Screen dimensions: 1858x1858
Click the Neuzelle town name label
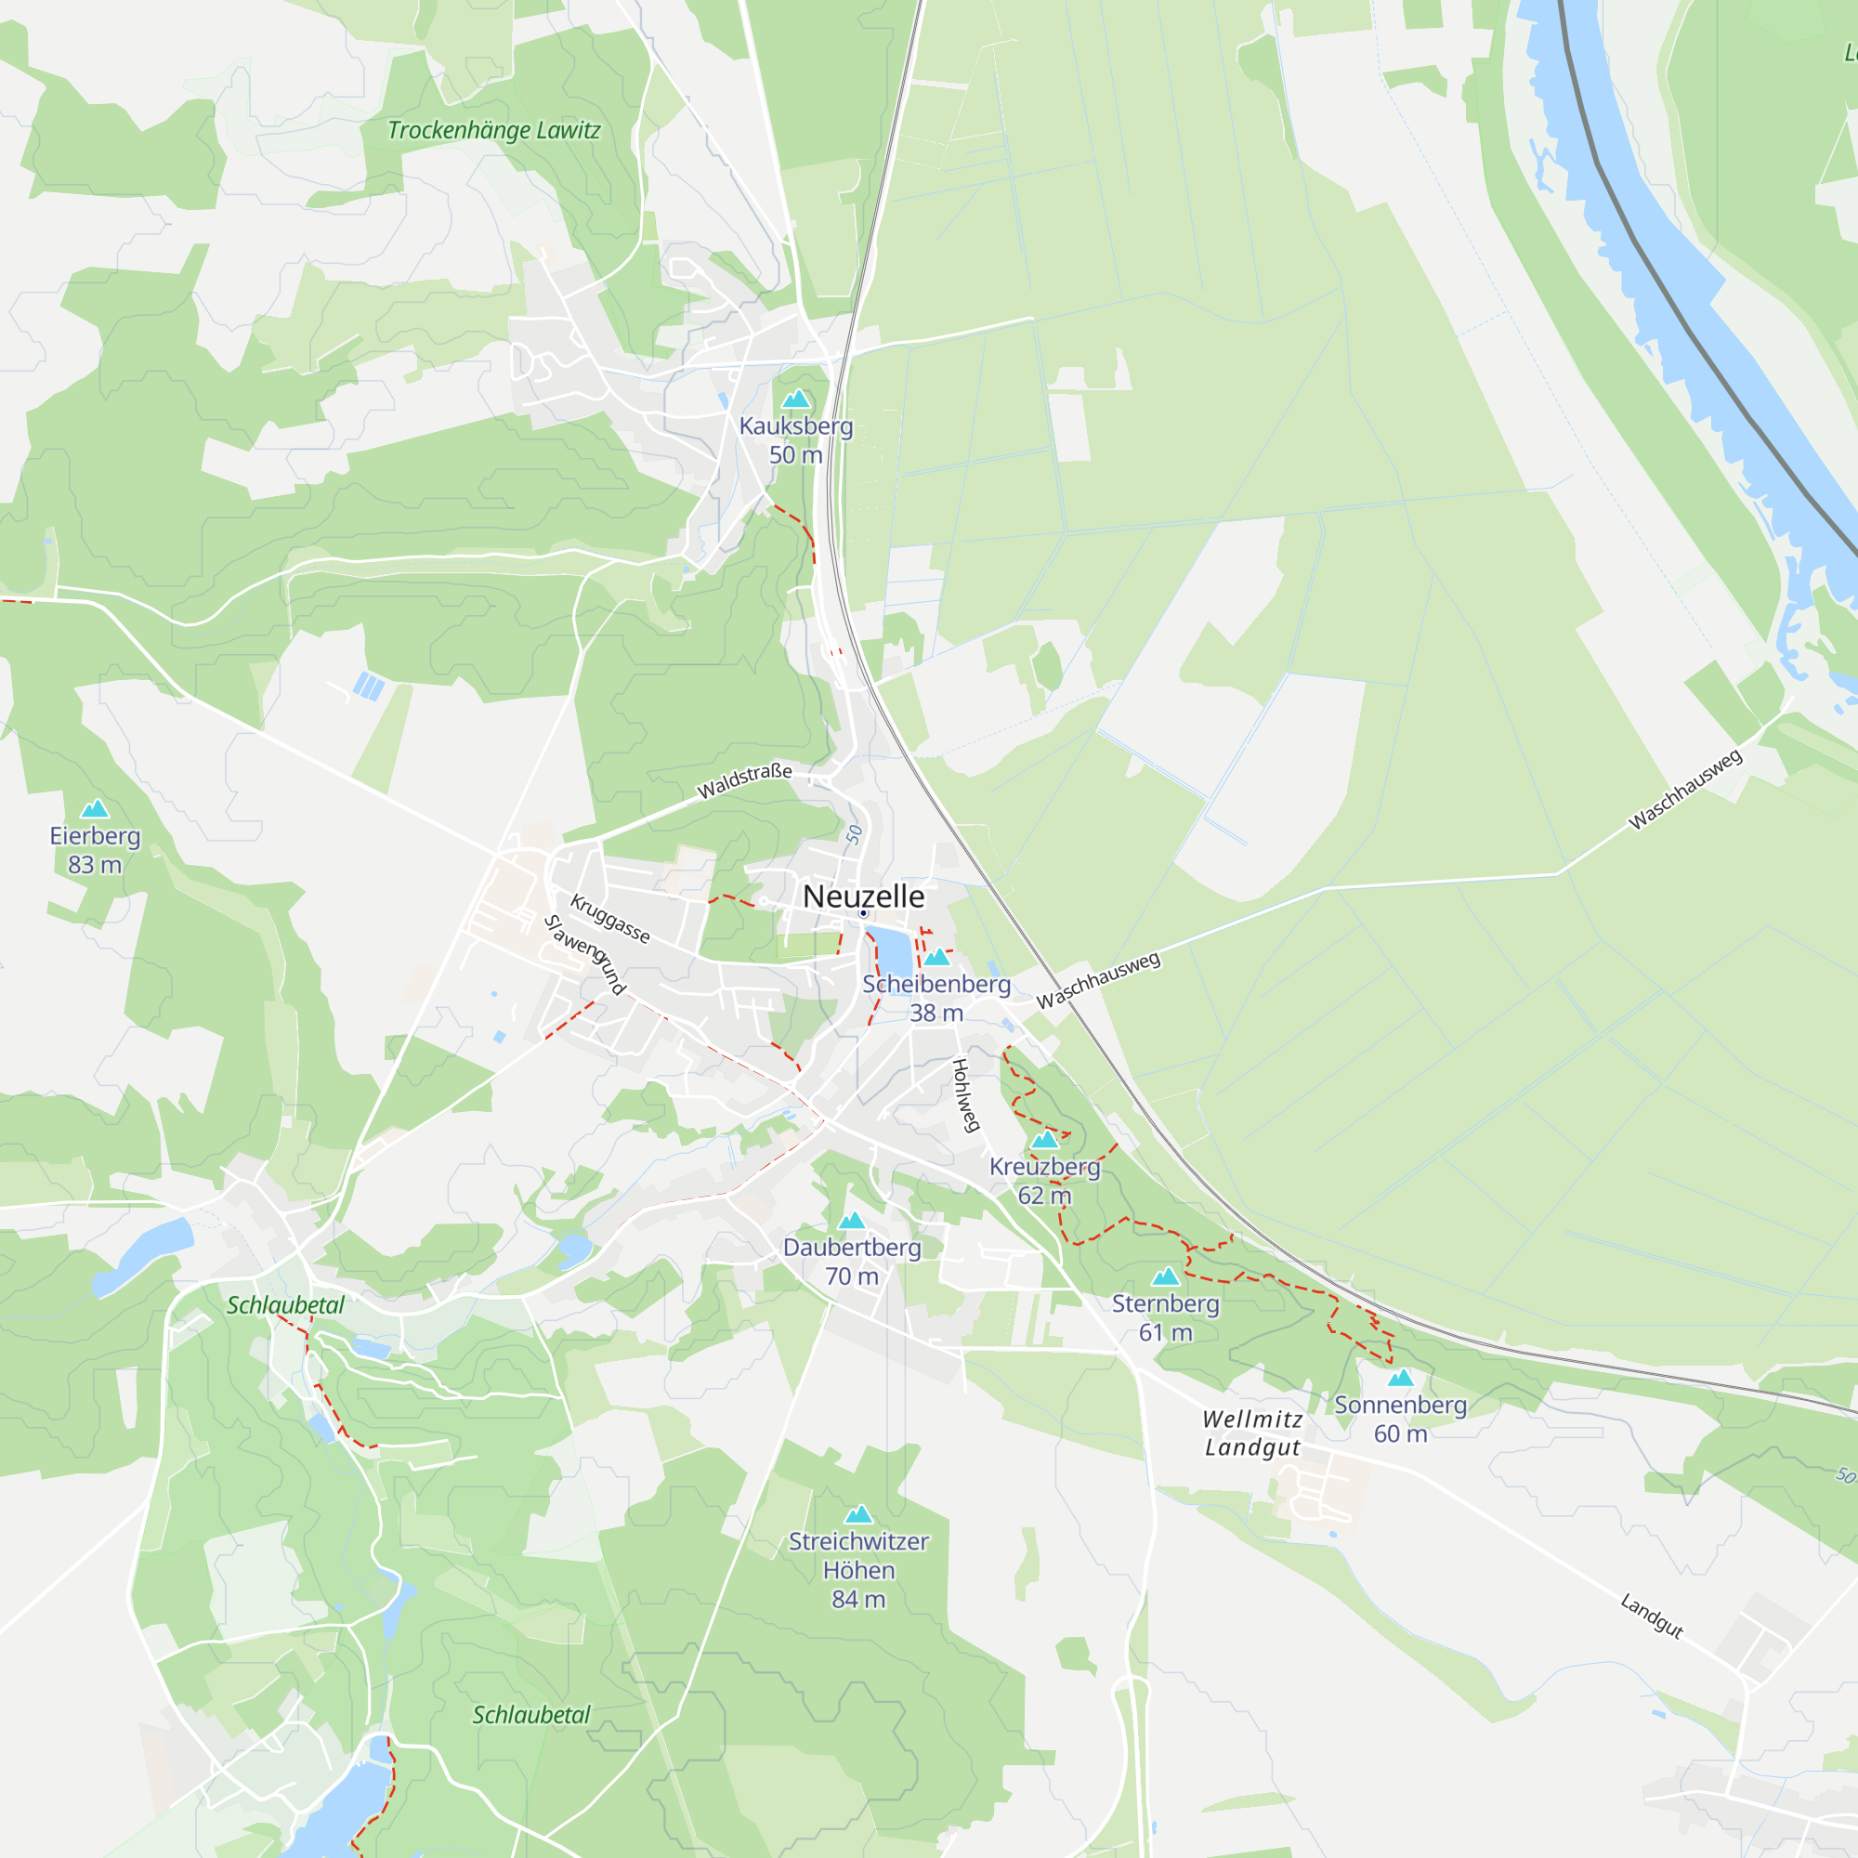pos(863,896)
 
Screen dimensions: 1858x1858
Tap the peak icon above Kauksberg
pos(795,399)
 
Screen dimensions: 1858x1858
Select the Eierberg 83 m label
pos(95,850)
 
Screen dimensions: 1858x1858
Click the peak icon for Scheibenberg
pos(936,957)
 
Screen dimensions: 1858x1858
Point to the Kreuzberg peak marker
pos(1044,1140)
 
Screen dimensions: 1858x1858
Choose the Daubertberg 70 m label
pos(852,1262)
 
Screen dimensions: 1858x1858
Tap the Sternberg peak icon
pos(1166,1276)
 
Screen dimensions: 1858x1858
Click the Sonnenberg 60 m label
pos(1400,1420)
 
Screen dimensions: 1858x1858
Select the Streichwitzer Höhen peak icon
pos(858,1514)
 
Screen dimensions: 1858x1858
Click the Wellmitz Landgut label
pos(1253,1433)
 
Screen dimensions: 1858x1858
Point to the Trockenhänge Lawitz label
pos(493,131)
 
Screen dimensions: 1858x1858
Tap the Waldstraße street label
pos(744,782)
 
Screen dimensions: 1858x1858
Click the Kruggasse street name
pos(609,919)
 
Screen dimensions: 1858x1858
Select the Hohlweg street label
pos(964,1095)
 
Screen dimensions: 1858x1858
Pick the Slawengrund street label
pos(584,954)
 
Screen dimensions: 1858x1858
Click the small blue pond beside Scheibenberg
pos(894,952)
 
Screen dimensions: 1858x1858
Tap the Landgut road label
pos(1651,1616)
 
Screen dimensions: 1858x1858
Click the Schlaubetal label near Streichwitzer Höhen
pos(530,1715)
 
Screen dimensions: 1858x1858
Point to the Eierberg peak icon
pos(94,809)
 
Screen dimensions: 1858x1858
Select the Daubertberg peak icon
pos(852,1222)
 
